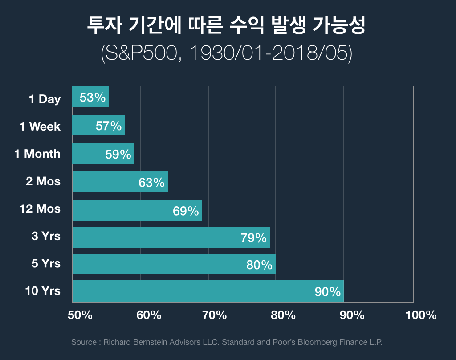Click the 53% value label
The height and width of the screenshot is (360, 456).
[93, 97]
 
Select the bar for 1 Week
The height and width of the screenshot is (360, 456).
[98, 125]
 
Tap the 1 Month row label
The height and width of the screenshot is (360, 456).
[37, 154]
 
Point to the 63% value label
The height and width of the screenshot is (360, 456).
[152, 182]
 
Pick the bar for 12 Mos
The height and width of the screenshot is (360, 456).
[137, 210]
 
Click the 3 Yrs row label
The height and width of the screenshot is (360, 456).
[46, 236]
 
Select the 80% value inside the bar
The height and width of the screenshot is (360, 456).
[259, 265]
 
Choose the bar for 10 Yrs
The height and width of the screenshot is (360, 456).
[208, 291]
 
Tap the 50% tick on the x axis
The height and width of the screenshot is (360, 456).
[80, 315]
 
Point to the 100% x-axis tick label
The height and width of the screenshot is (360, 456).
[421, 315]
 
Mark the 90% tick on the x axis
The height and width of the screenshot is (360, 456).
[352, 315]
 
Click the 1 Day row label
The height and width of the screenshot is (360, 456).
[45, 99]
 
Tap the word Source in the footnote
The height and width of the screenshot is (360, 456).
[84, 342]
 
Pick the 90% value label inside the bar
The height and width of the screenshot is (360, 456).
[328, 292]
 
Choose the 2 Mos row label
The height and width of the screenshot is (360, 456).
[43, 181]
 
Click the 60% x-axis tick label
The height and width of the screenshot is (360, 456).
[149, 315]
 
